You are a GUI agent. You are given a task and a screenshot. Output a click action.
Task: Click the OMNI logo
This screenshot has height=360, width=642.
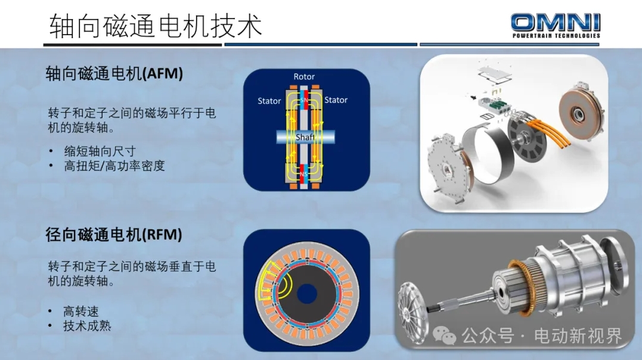[x=555, y=26]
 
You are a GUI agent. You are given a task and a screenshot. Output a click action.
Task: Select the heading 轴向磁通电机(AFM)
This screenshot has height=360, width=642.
[x=114, y=74]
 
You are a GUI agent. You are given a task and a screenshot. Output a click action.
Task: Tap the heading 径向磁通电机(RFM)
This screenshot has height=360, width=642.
[x=114, y=235]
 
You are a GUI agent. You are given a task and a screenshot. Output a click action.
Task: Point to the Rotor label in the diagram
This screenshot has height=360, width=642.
[x=304, y=76]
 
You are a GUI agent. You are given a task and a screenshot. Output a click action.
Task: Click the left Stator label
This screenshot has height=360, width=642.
[x=269, y=101]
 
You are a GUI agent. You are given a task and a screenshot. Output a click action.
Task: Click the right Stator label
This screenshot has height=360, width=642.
[x=336, y=100]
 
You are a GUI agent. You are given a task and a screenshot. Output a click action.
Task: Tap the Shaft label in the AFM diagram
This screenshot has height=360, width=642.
[x=305, y=137]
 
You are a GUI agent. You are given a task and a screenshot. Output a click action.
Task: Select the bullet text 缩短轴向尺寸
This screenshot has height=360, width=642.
[x=100, y=151]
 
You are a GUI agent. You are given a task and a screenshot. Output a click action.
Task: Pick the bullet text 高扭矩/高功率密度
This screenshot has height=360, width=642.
[x=114, y=166]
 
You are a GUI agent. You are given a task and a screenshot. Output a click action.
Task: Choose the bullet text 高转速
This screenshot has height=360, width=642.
[x=81, y=312]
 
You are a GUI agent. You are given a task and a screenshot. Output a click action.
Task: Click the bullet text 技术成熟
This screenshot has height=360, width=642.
[x=87, y=327]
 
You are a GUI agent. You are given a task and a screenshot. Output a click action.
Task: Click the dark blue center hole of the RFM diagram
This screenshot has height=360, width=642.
[x=306, y=294]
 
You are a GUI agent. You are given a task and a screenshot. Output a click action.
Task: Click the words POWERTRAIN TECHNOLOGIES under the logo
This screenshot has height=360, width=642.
[x=556, y=36]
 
